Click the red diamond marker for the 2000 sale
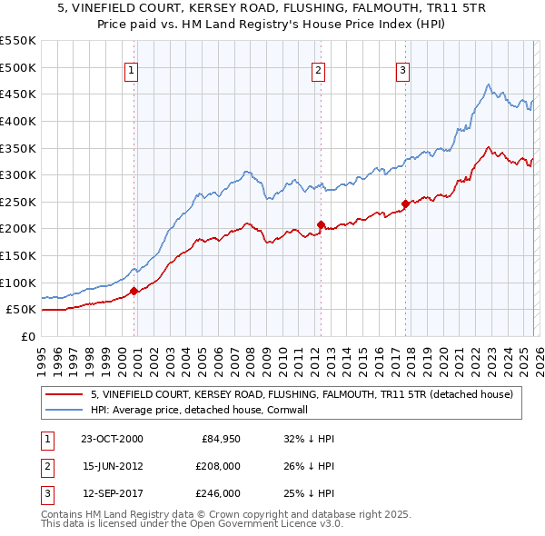[x=134, y=291]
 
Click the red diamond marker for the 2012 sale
[x=321, y=224]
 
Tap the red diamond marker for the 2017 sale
[x=405, y=203]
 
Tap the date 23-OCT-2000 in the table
[x=112, y=439]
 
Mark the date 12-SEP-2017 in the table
[x=112, y=493]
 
